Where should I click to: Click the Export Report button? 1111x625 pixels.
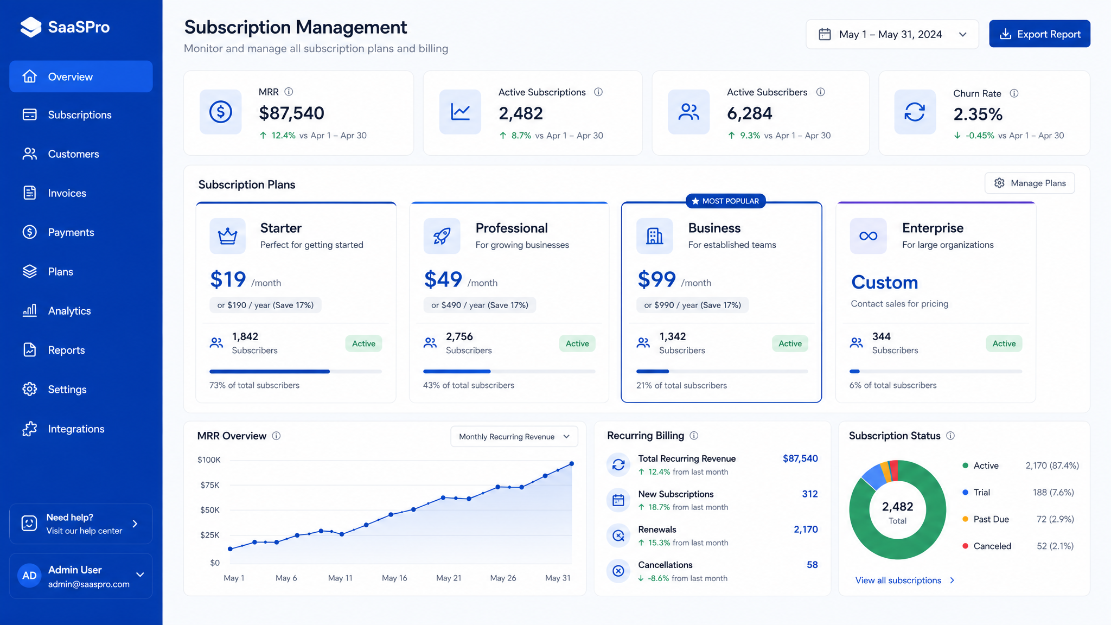[1039, 34]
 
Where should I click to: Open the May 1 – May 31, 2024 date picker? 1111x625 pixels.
[892, 34]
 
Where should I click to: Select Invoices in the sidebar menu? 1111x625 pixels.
[67, 193]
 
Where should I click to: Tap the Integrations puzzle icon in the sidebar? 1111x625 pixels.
[30, 429]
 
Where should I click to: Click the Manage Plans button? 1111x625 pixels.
[1030, 183]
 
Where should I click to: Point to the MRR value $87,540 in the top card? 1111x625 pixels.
[291, 113]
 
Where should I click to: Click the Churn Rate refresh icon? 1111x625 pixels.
[915, 112]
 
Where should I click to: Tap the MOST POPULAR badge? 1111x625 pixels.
[726, 201]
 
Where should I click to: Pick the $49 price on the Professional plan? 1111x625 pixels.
[443, 279]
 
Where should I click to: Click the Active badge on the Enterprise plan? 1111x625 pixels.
[1004, 343]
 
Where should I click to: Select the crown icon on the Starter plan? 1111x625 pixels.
[227, 236]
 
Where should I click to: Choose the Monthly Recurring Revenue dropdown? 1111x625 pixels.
[514, 437]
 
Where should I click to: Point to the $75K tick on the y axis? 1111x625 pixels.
[209, 485]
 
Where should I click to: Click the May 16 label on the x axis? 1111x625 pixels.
[394, 578]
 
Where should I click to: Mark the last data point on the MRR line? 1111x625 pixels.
[572, 464]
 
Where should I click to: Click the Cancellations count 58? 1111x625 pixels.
[812, 565]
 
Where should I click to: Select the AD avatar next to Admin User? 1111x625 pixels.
[29, 576]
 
